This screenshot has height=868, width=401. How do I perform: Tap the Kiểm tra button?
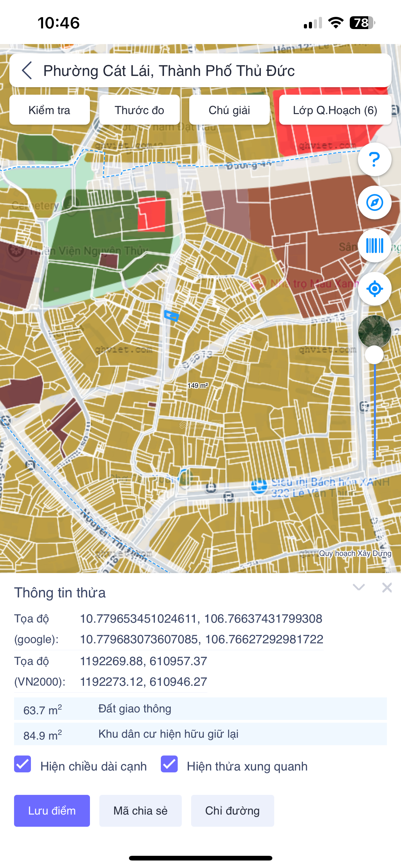pos(49,110)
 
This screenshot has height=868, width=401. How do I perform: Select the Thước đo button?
pos(139,110)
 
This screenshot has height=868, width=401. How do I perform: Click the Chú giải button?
pos(229,110)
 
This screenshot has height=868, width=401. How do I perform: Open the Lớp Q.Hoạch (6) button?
pos(335,110)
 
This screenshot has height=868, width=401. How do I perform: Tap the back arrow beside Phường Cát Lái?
pos(27,70)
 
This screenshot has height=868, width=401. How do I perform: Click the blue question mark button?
pos(374,159)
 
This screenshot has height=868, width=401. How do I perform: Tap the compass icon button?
pos(374,202)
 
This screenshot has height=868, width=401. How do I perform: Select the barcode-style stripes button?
pos(374,246)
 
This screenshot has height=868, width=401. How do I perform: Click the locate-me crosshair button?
pos(374,289)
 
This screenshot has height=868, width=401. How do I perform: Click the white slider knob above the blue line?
pos(374,355)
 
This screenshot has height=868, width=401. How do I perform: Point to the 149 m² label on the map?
pos(198,386)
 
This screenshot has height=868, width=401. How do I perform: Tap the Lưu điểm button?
pos(52,811)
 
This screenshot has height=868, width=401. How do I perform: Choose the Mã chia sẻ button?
pos(141,811)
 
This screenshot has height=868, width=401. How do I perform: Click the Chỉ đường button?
pos(232,811)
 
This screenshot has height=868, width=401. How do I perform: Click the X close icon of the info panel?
pos(387,588)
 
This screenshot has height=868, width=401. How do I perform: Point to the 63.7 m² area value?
pos(42,710)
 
